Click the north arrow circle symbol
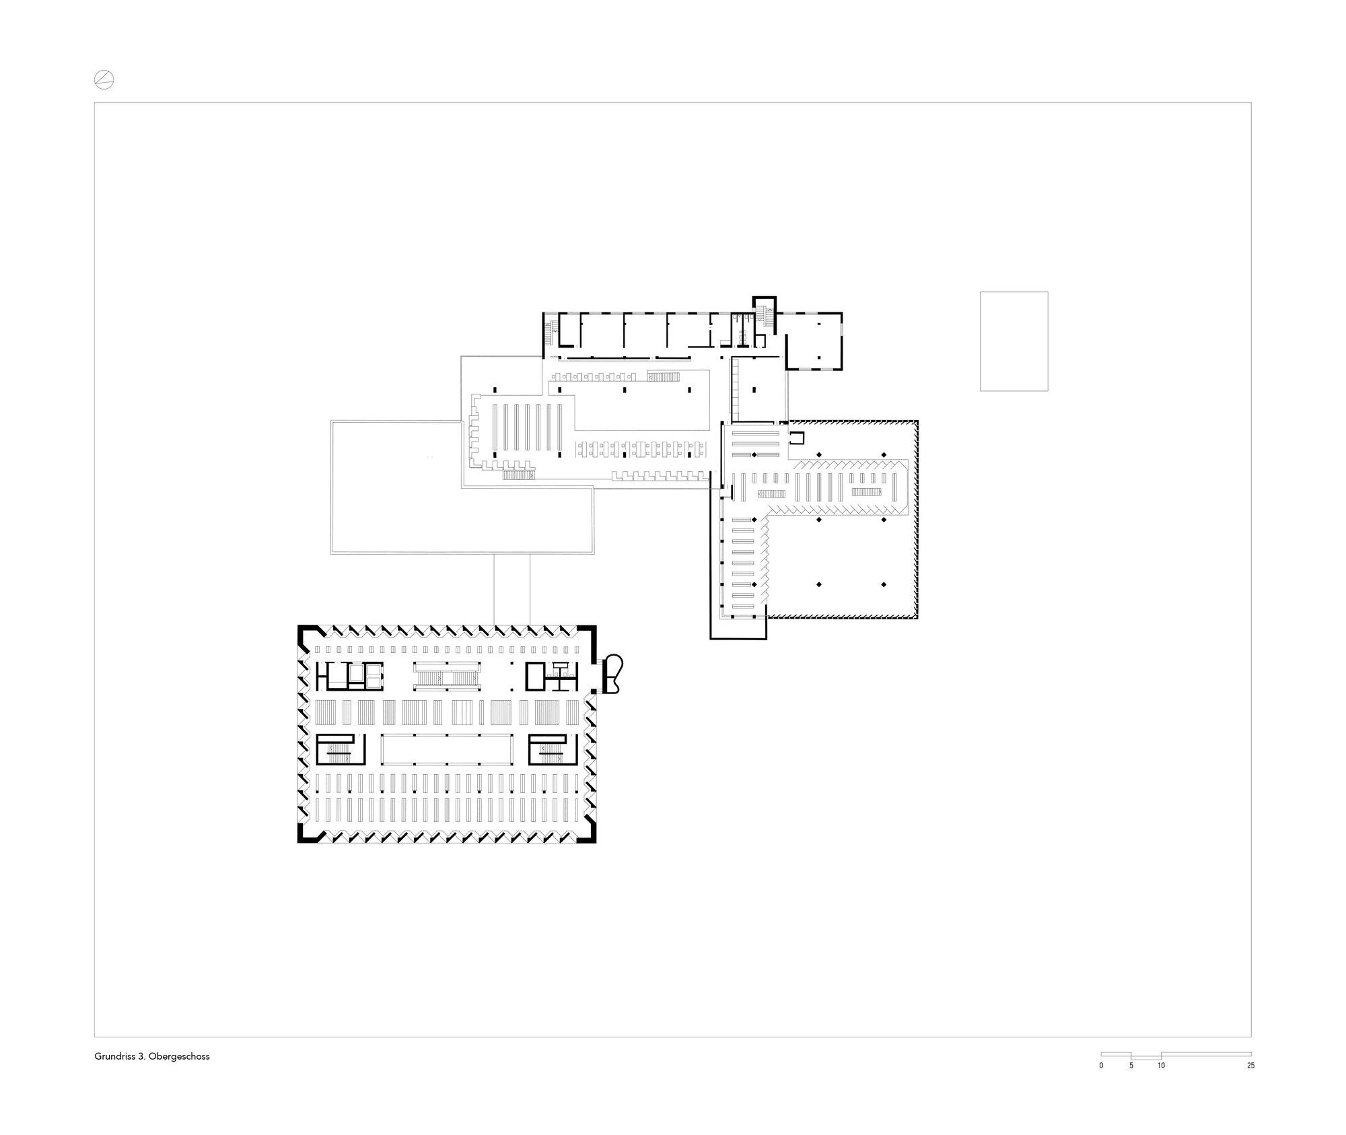pyautogui.click(x=104, y=80)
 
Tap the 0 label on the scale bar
pyautogui.click(x=1101, y=1066)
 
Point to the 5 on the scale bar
pyautogui.click(x=1131, y=1066)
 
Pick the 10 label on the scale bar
pyautogui.click(x=1161, y=1066)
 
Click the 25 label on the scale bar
pyautogui.click(x=1250, y=1066)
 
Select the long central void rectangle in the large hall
pyautogui.click(x=447, y=749)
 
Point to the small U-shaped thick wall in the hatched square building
pyautogui.click(x=797, y=438)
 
